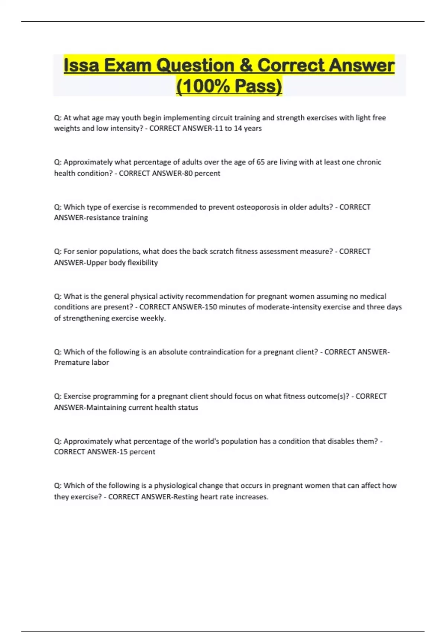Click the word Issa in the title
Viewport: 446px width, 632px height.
[81, 65]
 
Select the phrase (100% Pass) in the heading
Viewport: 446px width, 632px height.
[229, 86]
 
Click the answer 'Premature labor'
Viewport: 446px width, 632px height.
[81, 362]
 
